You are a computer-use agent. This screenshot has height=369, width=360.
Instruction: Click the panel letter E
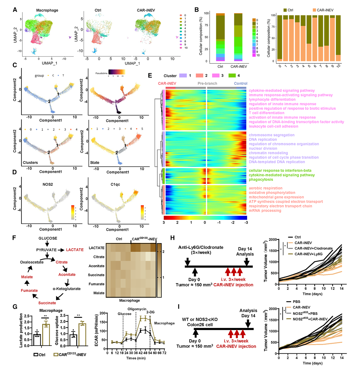pyautogui.click(x=150, y=75)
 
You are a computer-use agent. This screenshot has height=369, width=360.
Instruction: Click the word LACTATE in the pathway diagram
pyautogui.click(x=75, y=250)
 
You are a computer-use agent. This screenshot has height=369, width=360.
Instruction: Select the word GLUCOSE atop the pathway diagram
pyautogui.click(x=48, y=238)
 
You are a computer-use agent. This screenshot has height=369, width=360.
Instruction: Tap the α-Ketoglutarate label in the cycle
pyautogui.click(x=67, y=289)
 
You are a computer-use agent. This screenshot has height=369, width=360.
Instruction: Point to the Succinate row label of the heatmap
pyautogui.click(x=96, y=275)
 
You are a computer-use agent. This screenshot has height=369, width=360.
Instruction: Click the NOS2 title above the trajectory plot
pyautogui.click(x=48, y=184)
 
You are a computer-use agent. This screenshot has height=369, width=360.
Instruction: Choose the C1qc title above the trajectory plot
pyautogui.click(x=115, y=184)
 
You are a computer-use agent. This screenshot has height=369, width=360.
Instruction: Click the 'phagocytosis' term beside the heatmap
pyautogui.click(x=261, y=179)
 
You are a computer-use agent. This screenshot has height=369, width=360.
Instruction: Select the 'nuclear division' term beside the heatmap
pyautogui.click(x=263, y=148)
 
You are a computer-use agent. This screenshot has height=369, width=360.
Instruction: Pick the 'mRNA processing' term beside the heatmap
pyautogui.click(x=265, y=211)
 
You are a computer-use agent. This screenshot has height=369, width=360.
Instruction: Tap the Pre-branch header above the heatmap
pyautogui.click(x=207, y=83)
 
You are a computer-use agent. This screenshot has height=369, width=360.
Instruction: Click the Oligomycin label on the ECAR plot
pyautogui.click(x=137, y=309)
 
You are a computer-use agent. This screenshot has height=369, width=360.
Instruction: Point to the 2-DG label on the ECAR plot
pyautogui.click(x=150, y=312)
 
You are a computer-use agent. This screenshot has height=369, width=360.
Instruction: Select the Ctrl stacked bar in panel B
pyautogui.click(x=220, y=37)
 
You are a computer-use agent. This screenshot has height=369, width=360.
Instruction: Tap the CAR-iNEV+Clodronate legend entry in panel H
pyautogui.click(x=313, y=248)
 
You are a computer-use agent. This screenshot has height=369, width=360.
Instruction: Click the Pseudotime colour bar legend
pyautogui.click(x=117, y=72)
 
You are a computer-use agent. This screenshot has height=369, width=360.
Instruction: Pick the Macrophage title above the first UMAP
pyautogui.click(x=47, y=10)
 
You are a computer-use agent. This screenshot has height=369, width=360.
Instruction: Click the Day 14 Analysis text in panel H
pyautogui.click(x=246, y=251)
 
